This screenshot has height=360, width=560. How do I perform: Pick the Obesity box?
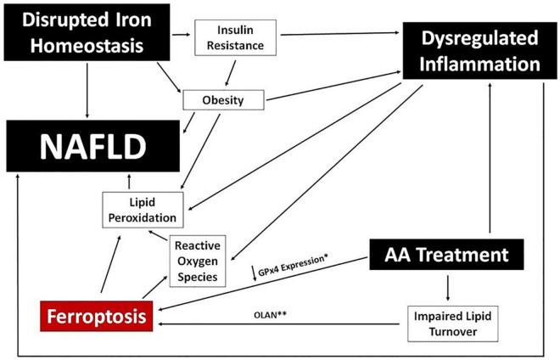click(x=224, y=100)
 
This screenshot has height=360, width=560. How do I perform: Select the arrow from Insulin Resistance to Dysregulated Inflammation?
click(x=339, y=35)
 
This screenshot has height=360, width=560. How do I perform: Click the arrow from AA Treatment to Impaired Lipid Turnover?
click(x=449, y=284)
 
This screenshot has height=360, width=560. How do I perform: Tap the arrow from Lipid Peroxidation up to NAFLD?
click(x=128, y=180)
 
